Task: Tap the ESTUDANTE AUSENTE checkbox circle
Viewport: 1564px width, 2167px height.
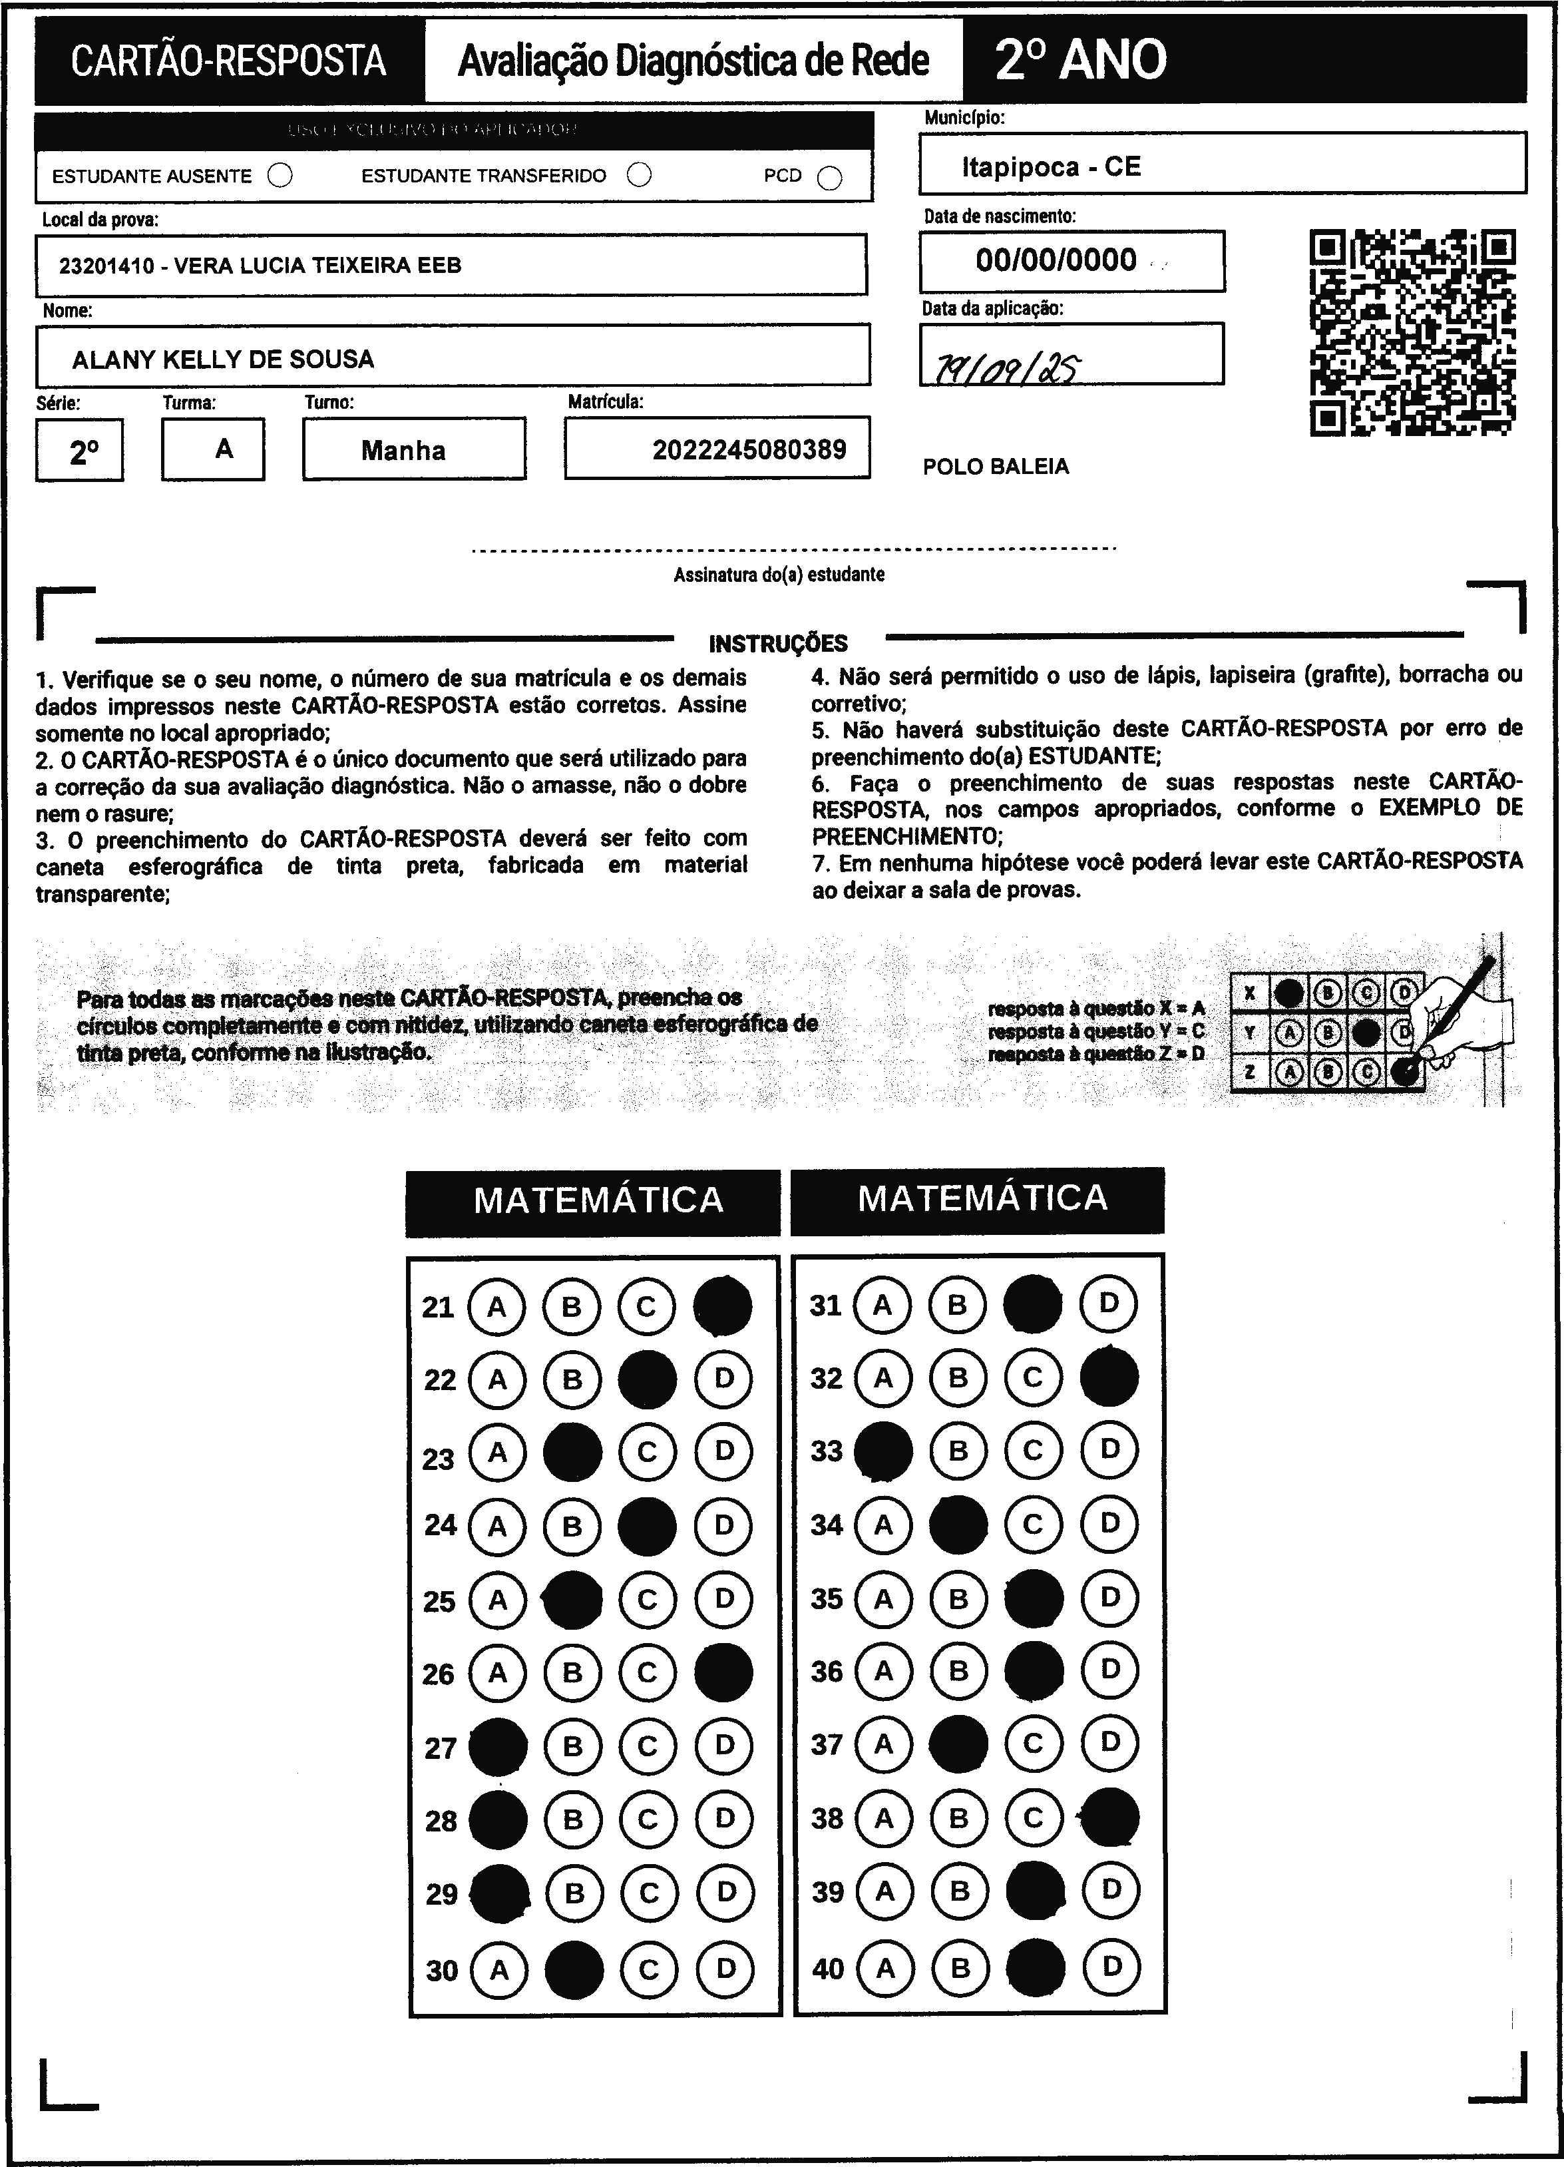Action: [x=280, y=176]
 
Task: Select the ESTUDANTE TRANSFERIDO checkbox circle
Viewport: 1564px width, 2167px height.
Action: [x=639, y=175]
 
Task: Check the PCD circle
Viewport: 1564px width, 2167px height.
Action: [x=830, y=178]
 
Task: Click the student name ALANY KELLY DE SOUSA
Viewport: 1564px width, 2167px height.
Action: [x=222, y=360]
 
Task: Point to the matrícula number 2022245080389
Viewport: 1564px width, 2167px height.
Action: [x=749, y=449]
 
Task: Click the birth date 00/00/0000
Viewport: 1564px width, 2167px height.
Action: [x=1056, y=260]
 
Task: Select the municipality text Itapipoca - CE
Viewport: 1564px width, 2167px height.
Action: [x=1051, y=167]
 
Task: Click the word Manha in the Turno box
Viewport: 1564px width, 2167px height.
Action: [x=403, y=450]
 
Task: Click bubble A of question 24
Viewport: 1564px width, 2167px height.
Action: [x=496, y=1526]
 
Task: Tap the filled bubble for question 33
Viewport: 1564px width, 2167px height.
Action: [x=882, y=1451]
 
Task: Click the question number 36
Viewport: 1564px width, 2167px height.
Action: [x=827, y=1671]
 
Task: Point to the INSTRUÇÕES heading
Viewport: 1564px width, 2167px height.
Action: [x=778, y=643]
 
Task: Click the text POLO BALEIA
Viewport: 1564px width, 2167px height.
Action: [x=996, y=466]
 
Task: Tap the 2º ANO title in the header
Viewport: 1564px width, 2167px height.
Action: [x=1081, y=59]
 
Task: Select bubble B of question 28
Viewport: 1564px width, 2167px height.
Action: [x=573, y=1819]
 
